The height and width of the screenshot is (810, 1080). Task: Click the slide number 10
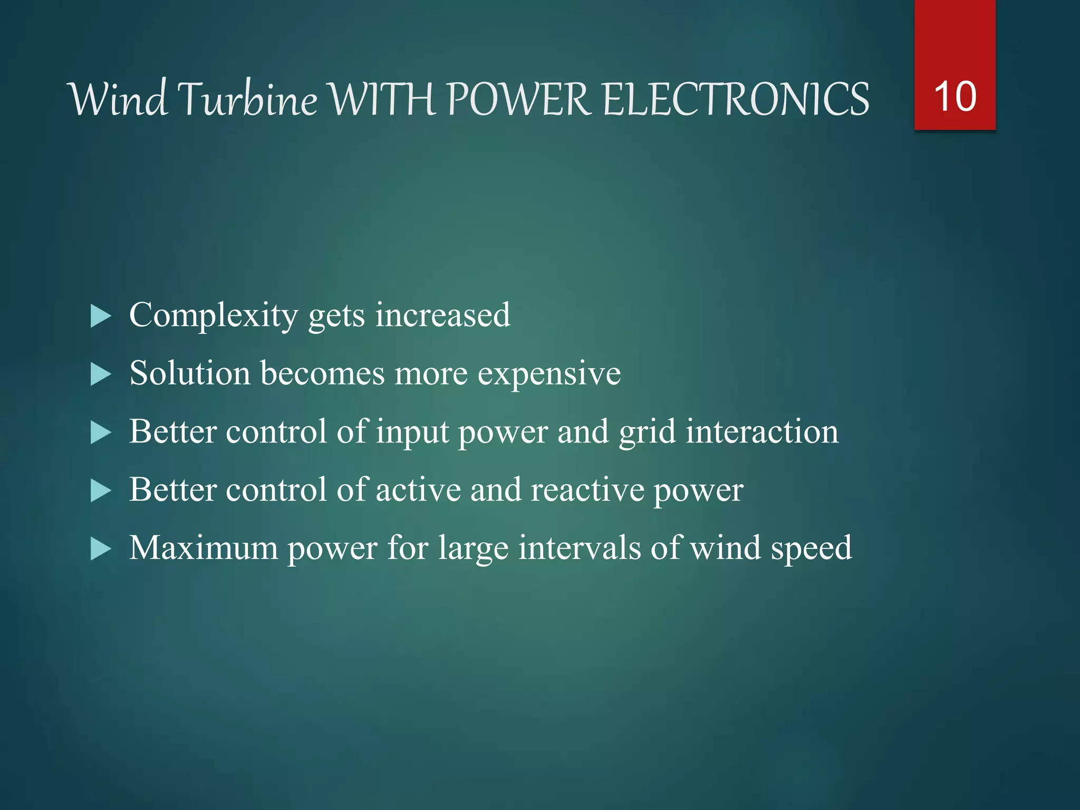954,97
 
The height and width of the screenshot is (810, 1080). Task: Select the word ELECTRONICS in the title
735,99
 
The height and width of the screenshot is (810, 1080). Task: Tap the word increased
442,315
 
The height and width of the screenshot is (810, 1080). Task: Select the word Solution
190,373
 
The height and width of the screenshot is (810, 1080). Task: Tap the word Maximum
204,548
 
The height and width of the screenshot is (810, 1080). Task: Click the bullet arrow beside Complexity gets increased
101,317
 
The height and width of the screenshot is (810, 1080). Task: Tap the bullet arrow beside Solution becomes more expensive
101,375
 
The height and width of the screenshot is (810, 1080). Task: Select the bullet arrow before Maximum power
101,549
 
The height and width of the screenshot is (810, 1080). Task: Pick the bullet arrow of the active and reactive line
101,491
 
